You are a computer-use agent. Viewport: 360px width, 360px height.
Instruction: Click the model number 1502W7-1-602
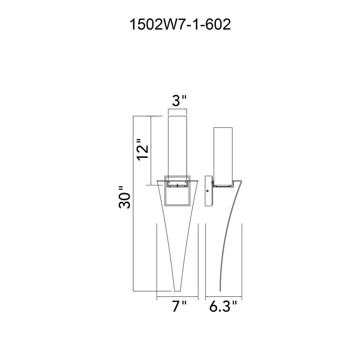(x=180, y=25)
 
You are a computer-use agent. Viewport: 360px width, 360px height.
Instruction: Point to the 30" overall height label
(x=124, y=197)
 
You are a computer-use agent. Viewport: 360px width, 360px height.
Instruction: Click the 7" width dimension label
(x=179, y=306)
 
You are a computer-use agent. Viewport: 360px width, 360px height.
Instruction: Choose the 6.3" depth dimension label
(x=223, y=306)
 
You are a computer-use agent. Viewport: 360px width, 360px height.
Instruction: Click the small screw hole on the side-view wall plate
(x=207, y=191)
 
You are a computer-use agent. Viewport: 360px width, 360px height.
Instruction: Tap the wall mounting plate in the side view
(x=208, y=191)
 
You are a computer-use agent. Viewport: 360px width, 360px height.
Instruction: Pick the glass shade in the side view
(x=223, y=156)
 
